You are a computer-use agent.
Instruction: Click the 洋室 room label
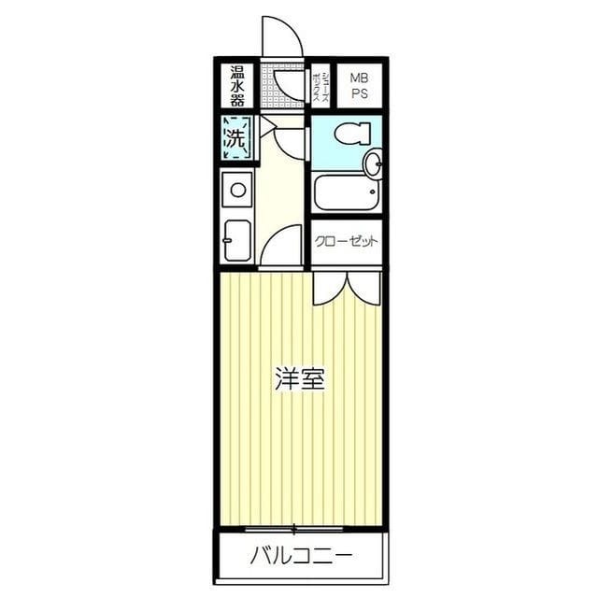coord(300,379)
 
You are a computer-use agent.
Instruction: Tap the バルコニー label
coord(301,557)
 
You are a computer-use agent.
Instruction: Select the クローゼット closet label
coord(347,241)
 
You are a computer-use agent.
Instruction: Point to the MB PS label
coord(359,86)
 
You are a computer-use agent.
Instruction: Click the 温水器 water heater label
coord(237,86)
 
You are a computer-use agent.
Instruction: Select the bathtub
coord(347,192)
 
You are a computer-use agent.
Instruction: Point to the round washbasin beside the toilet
coord(374,163)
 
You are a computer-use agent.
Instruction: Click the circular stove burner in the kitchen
coord(238,190)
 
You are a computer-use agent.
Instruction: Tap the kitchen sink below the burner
coord(237,240)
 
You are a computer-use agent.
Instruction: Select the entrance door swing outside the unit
coord(282,37)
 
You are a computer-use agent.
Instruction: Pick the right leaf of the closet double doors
coord(364,288)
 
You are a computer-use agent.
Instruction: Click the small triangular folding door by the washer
coord(267,124)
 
